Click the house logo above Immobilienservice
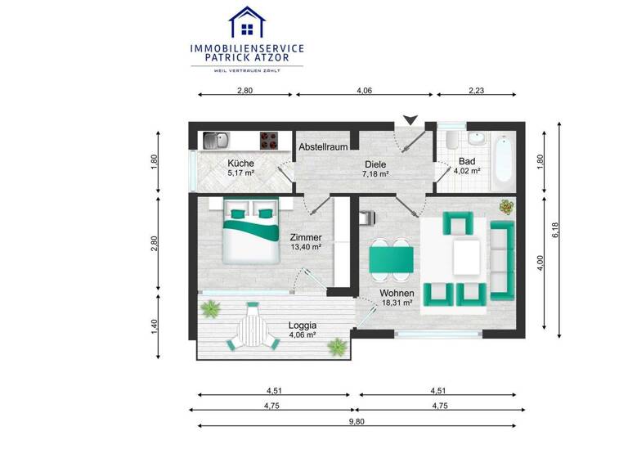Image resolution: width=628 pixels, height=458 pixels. point(247,22)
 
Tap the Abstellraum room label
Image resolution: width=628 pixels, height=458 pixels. point(324,146)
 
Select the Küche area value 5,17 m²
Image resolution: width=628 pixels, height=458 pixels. point(241,173)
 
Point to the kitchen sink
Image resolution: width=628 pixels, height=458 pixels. point(217,140)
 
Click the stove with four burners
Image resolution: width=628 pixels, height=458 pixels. point(270,140)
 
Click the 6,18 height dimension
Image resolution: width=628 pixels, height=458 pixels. point(557,231)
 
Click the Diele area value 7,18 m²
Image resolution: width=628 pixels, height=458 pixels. point(375,173)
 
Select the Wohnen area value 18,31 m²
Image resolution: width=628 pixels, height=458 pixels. point(397,303)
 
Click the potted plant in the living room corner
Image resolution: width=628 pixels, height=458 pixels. point(506,206)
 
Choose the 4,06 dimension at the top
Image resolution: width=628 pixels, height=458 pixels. point(365,92)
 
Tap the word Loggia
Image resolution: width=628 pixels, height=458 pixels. point(303,325)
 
